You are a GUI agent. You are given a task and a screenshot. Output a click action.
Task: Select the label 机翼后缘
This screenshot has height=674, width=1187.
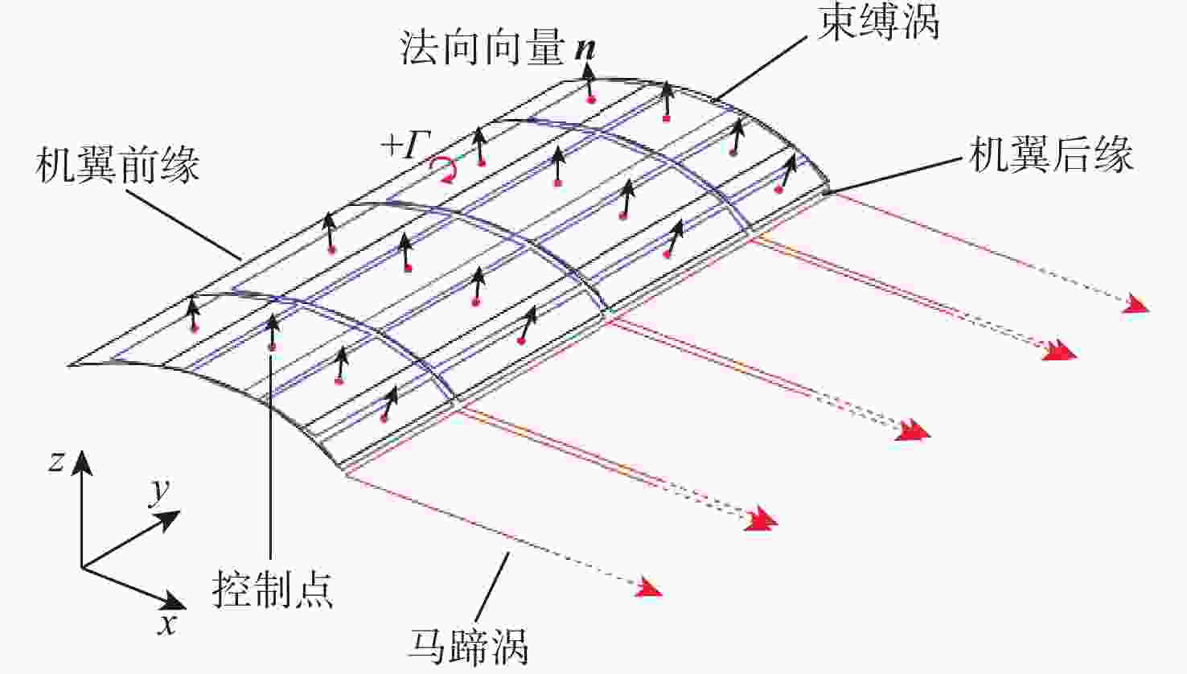click(1051, 154)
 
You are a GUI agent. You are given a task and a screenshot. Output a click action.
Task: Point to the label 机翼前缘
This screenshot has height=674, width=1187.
click(117, 165)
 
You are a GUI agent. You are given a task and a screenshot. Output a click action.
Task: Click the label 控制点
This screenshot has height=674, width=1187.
click(273, 590)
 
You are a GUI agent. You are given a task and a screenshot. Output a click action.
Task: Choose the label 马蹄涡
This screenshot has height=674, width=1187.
click(468, 647)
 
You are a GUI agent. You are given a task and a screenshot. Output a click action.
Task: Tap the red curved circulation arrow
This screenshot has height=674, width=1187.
click(444, 170)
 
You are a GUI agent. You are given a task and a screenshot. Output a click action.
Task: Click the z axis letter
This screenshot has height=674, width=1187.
click(55, 462)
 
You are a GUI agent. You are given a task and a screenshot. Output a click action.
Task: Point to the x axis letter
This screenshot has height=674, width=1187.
click(168, 625)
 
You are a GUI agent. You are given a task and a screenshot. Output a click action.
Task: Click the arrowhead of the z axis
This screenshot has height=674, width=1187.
click(81, 462)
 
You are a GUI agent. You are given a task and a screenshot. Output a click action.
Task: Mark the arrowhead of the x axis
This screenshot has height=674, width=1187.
click(173, 601)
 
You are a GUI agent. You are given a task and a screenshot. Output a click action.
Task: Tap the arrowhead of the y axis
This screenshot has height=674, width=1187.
click(169, 520)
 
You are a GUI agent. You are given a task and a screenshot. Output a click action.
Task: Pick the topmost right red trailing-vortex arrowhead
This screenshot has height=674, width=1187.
click(1136, 304)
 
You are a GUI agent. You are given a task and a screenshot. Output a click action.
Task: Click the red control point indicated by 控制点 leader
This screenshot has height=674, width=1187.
click(273, 347)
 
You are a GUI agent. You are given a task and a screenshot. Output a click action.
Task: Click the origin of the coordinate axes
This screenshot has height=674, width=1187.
click(81, 568)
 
